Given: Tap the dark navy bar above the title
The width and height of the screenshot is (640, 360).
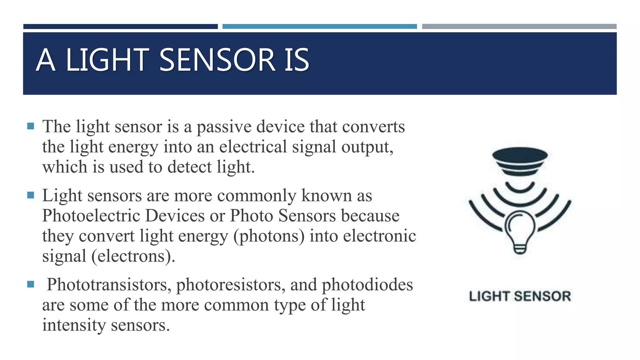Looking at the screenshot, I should [x=120, y=27].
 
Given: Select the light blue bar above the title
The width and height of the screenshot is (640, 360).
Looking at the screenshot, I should [x=319, y=27].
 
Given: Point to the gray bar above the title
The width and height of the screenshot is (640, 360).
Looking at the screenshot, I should [x=519, y=27].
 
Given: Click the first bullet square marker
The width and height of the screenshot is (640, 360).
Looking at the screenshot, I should [x=31, y=126].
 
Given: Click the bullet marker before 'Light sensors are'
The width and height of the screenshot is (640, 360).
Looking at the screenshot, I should [x=31, y=195].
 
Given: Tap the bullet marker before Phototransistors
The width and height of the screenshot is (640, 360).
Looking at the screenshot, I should [x=31, y=284].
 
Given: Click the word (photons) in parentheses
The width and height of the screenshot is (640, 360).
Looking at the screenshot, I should [x=269, y=236].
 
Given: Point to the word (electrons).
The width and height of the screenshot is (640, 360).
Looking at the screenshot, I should [x=133, y=256].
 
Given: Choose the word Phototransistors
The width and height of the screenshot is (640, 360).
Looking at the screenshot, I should [x=109, y=285].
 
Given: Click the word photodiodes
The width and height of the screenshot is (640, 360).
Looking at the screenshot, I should [x=367, y=285].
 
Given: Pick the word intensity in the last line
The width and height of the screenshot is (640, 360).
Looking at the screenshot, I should [x=74, y=325].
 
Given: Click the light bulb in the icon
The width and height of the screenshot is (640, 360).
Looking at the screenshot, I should [x=520, y=228].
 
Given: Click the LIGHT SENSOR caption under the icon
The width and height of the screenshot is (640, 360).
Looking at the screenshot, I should [x=520, y=296].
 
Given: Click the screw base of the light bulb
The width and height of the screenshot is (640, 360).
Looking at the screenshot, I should [x=520, y=249].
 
